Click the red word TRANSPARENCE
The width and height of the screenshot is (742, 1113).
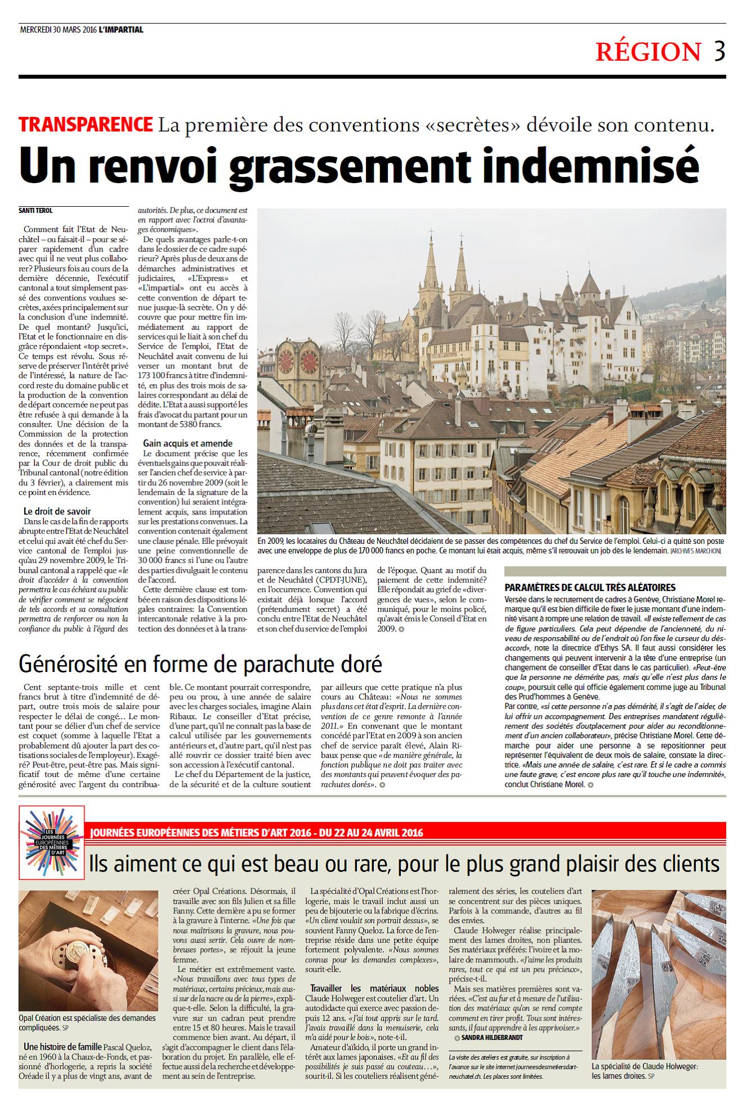coord(85,124)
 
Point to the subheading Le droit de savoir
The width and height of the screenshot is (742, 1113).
coord(57,511)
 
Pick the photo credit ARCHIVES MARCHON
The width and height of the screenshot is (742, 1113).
coord(696,551)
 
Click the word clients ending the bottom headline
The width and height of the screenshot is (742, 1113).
coord(691,864)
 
